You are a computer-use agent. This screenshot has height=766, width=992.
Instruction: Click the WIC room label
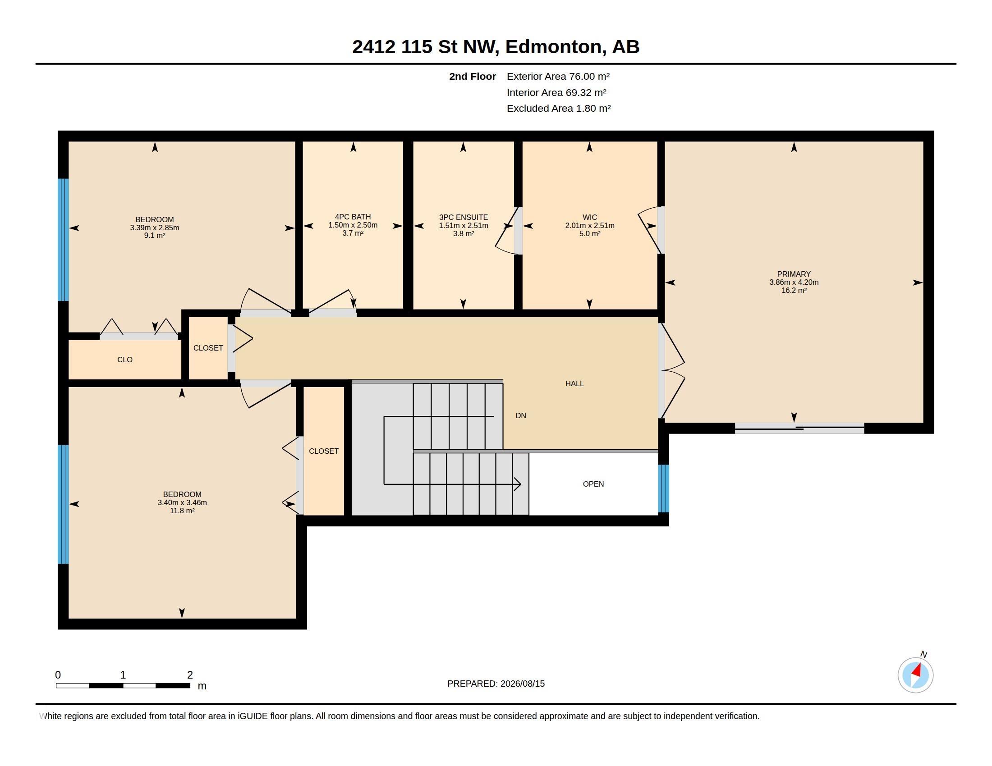pyautogui.click(x=590, y=217)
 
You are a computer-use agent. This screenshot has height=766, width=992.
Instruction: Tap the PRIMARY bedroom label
pyautogui.click(x=794, y=274)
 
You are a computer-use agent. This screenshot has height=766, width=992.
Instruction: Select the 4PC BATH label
pyautogui.click(x=353, y=217)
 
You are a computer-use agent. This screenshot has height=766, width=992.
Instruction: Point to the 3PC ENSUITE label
pyautogui.click(x=463, y=217)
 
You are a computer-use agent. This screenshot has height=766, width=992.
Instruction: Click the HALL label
pyautogui.click(x=574, y=383)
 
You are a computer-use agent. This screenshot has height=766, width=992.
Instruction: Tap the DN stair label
pyautogui.click(x=521, y=415)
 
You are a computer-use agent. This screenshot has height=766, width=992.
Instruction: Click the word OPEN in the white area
pyautogui.click(x=593, y=484)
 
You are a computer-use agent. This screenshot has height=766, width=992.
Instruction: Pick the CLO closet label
pyautogui.click(x=125, y=360)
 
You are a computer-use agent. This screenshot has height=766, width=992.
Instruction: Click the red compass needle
pyautogui.click(x=917, y=670)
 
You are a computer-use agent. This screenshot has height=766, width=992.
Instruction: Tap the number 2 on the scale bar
pyautogui.click(x=190, y=675)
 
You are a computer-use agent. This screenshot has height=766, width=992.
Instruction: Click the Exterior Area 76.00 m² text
pyautogui.click(x=558, y=76)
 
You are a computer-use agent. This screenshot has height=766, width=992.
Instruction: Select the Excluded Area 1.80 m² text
pyautogui.click(x=559, y=108)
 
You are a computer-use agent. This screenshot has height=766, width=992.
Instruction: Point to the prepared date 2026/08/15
pyautogui.click(x=522, y=684)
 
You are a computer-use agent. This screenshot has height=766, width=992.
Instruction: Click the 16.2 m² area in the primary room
pyautogui.click(x=794, y=291)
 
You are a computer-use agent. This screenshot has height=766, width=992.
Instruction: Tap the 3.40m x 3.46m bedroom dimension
pyautogui.click(x=182, y=503)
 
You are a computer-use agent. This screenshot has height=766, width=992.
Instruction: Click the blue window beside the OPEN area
pyautogui.click(x=664, y=488)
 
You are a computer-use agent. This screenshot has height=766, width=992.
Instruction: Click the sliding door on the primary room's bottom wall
pyautogui.click(x=799, y=428)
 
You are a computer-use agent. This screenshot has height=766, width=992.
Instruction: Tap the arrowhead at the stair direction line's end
pyautogui.click(x=517, y=484)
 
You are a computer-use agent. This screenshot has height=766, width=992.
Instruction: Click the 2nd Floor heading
pyautogui.click(x=473, y=76)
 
